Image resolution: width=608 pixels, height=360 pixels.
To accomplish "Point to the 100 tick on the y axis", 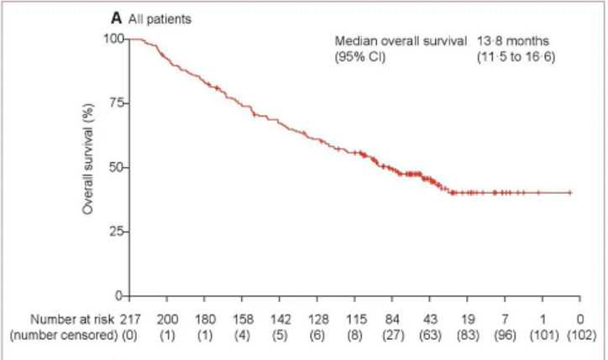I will click(x=113, y=39).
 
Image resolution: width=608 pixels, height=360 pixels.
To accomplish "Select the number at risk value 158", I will click(x=241, y=319).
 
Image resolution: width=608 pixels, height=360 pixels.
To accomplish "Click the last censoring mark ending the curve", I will click(x=570, y=192).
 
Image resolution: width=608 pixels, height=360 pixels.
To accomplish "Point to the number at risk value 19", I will click(x=467, y=319).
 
